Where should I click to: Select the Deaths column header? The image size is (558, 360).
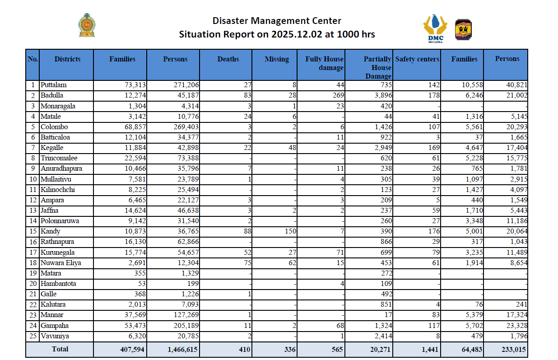(x=228, y=59)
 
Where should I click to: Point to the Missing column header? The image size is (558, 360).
(x=276, y=59)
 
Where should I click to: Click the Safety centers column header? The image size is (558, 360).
(x=417, y=59)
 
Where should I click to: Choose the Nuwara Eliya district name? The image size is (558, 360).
(x=60, y=263)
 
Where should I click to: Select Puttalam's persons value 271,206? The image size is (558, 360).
(x=186, y=85)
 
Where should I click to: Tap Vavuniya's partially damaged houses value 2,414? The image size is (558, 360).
(x=383, y=336)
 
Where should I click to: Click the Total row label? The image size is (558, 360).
(x=60, y=349)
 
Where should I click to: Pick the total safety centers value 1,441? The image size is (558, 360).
(x=430, y=349)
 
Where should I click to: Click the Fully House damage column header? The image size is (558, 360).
(x=324, y=63)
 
